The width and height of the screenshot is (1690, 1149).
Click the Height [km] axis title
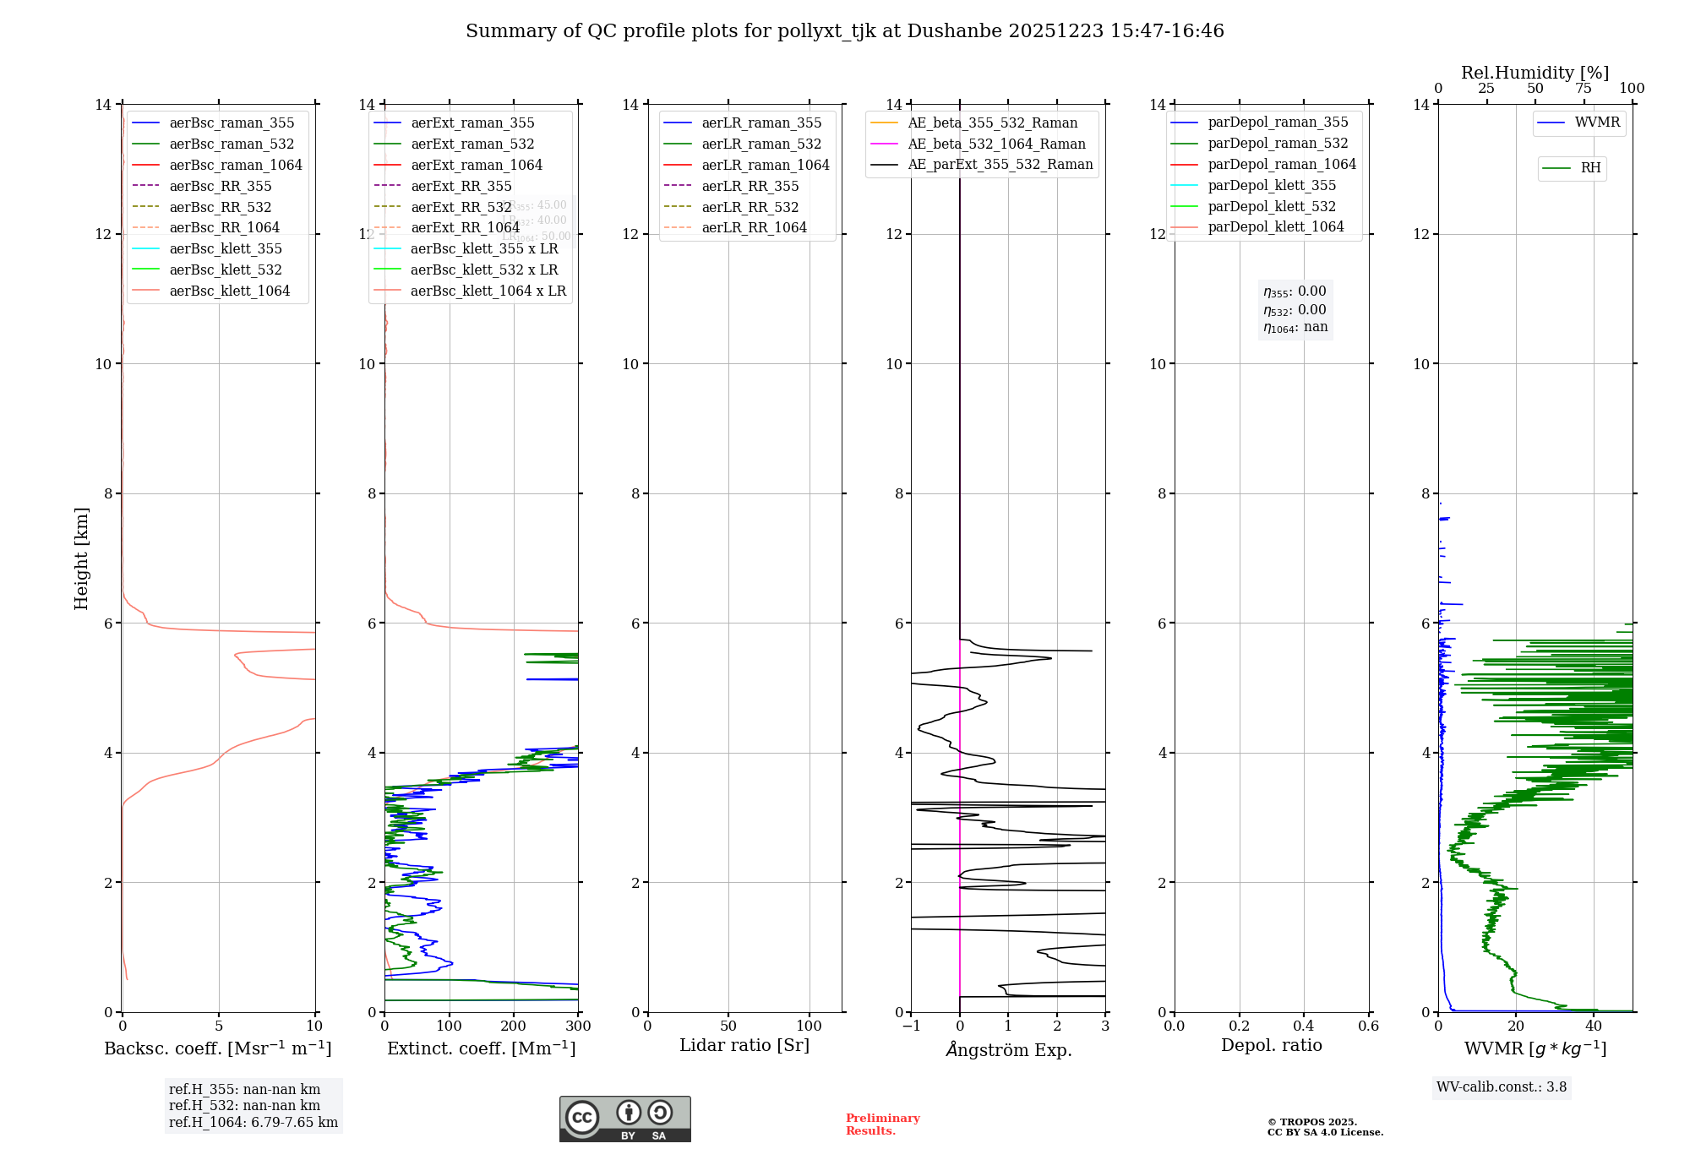pyautogui.click(x=81, y=558)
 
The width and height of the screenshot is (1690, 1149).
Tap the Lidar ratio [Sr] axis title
pyautogui.click(x=744, y=1045)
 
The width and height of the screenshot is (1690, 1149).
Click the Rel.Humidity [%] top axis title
pyautogui.click(x=1535, y=73)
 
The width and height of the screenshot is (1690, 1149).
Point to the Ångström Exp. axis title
pyautogui.click(x=1009, y=1049)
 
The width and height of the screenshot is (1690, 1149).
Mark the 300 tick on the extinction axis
pyautogui.click(x=579, y=1026)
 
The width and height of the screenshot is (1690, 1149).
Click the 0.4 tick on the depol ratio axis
pyautogui.click(x=1304, y=1026)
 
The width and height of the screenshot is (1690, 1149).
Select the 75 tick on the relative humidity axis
pyautogui.click(x=1584, y=89)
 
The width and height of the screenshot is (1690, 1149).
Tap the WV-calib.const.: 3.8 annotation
pyautogui.click(x=1502, y=1087)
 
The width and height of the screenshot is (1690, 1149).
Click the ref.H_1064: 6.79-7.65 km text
pyautogui.click(x=253, y=1122)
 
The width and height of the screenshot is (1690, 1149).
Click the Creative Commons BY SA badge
pyautogui.click(x=624, y=1119)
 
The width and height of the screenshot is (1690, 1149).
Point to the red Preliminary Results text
pyautogui.click(x=882, y=1124)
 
